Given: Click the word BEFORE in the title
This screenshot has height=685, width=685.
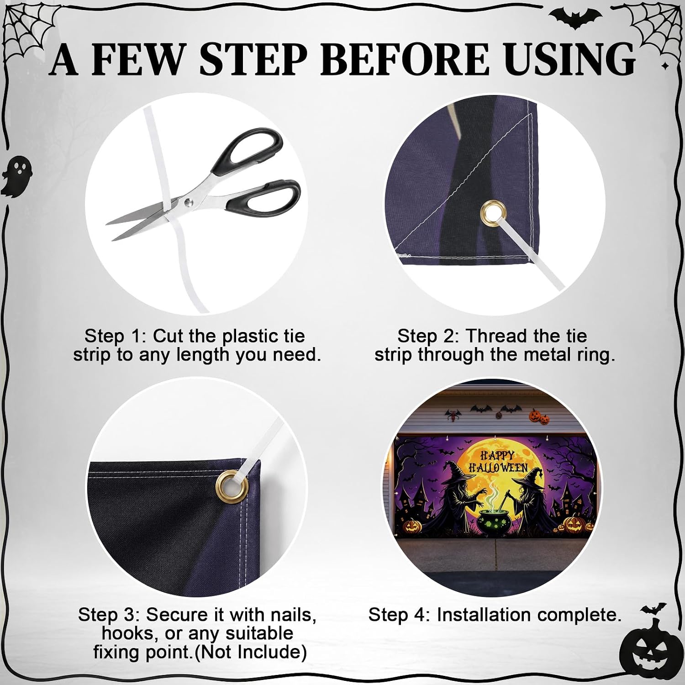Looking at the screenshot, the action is click(405, 59).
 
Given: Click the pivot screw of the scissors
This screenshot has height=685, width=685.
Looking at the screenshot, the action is click(188, 201).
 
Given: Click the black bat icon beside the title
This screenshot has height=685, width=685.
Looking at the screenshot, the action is click(575, 17).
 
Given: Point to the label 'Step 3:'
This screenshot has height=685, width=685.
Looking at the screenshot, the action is click(109, 615).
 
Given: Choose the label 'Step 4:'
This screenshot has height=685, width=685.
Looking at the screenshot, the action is click(400, 615).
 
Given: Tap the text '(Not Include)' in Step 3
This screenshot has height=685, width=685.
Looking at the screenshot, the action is click(251, 652).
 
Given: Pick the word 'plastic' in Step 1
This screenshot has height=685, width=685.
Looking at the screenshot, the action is click(249, 337).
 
